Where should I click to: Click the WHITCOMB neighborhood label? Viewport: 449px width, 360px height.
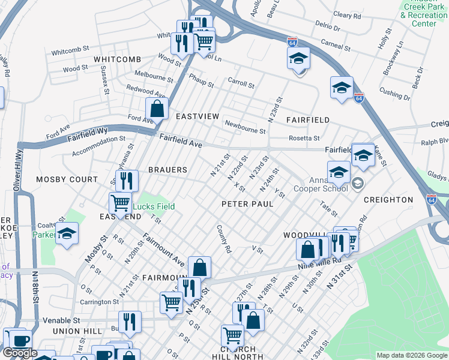(117, 59)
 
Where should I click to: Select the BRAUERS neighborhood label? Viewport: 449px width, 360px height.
(168, 170)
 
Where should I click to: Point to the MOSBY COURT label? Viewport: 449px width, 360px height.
(67, 179)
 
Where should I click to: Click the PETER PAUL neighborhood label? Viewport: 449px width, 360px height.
(247, 204)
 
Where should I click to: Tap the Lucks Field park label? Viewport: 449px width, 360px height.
(154, 206)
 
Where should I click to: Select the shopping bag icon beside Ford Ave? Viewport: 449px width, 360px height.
(157, 109)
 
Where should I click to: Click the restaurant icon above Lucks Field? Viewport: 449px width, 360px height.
(126, 180)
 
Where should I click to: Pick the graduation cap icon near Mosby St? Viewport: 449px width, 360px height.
(67, 234)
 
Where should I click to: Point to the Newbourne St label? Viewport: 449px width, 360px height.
(245, 127)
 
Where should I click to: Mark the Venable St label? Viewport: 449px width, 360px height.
(60, 321)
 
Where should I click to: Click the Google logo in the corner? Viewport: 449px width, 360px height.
(20, 353)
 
